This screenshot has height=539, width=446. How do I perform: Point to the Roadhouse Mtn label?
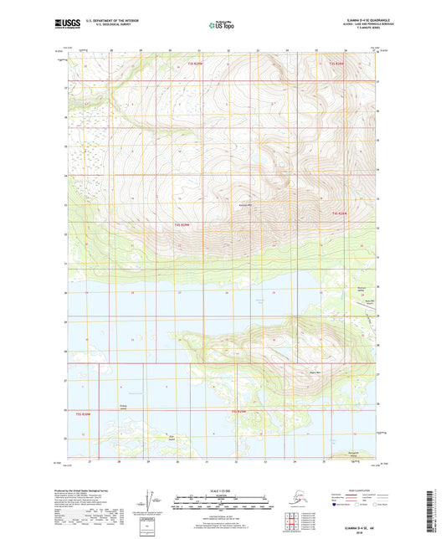[x=246, y=204]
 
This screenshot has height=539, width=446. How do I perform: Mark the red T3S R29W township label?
[x=195, y=64]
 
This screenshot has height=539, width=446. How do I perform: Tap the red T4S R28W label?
[x=336, y=214]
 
